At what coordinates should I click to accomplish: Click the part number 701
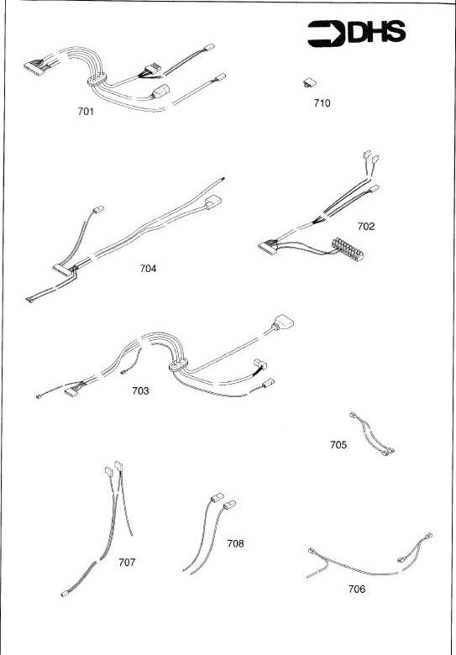86,112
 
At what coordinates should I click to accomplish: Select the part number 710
322,102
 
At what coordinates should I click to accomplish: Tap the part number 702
366,227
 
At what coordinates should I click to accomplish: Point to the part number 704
149,269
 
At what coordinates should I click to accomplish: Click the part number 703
140,391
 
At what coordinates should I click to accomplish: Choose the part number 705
338,445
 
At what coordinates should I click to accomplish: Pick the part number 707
127,563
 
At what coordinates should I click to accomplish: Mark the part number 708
235,543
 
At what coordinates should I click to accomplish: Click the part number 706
357,589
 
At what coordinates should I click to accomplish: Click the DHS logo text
377,33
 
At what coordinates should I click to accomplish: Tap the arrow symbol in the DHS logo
327,34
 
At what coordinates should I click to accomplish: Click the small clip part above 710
309,82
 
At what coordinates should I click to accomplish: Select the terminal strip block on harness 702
348,249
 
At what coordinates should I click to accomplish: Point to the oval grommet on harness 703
178,364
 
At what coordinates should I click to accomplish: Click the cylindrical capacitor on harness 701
160,92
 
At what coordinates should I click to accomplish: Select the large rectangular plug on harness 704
213,202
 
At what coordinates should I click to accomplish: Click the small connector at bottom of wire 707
65,594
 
